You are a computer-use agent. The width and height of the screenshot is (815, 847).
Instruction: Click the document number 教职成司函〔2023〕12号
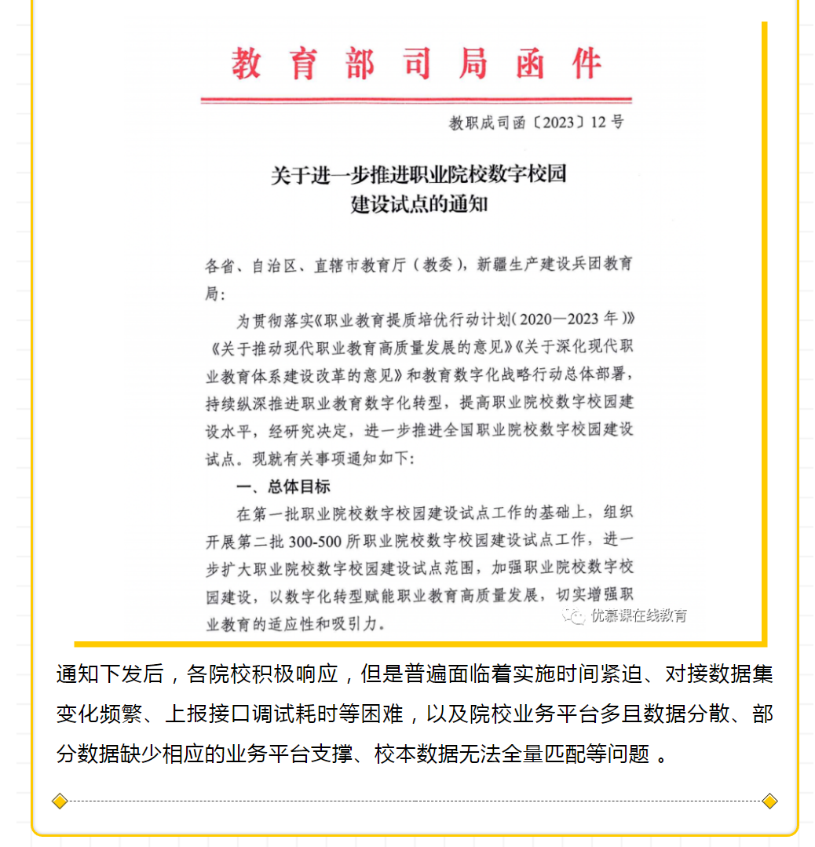[536, 122]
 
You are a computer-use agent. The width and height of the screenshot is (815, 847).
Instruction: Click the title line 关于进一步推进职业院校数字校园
[418, 175]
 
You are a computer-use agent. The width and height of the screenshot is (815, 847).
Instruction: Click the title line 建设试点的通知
[418, 205]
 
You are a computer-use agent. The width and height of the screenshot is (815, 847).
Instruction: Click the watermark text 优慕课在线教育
[639, 615]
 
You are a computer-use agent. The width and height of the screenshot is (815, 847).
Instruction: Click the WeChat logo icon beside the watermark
[577, 615]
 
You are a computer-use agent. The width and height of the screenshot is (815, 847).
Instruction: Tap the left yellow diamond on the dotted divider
[60, 801]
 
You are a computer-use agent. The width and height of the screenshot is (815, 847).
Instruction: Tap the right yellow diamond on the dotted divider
[769, 801]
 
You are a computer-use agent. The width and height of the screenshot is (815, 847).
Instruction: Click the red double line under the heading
[416, 100]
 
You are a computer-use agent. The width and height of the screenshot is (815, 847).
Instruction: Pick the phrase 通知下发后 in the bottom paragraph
[109, 674]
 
